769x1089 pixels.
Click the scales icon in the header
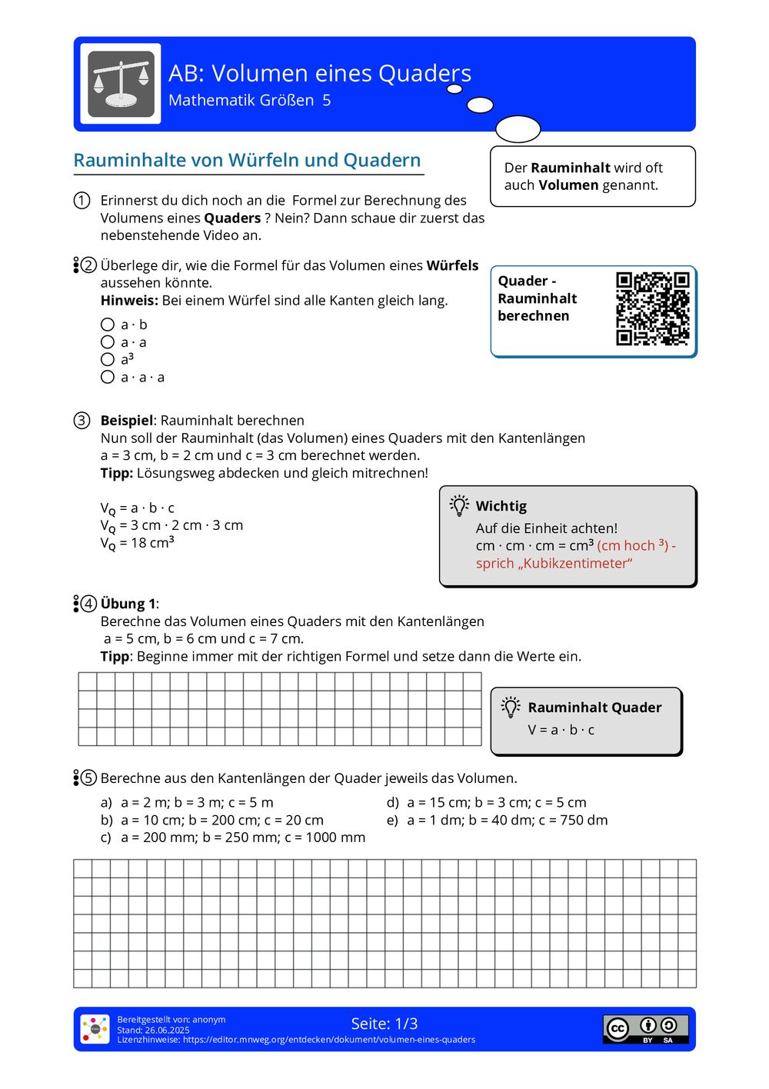click(121, 84)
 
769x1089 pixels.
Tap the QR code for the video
click(652, 308)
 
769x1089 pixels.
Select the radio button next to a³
click(108, 359)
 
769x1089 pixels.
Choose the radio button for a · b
click(108, 325)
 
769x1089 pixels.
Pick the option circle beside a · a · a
click(108, 377)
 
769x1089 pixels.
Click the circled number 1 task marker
click(82, 201)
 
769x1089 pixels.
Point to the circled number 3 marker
click(82, 421)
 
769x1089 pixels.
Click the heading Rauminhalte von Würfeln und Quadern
click(247, 160)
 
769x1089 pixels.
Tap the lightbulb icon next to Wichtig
click(459, 505)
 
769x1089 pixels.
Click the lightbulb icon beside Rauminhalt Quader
click(511, 707)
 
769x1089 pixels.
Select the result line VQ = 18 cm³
click(138, 543)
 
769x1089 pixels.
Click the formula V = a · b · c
click(561, 730)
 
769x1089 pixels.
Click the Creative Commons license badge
click(645, 1029)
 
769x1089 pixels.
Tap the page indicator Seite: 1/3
click(384, 1024)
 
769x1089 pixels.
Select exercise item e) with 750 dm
click(498, 820)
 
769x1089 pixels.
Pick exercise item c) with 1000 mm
click(233, 838)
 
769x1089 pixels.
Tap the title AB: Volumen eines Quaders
click(320, 73)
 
